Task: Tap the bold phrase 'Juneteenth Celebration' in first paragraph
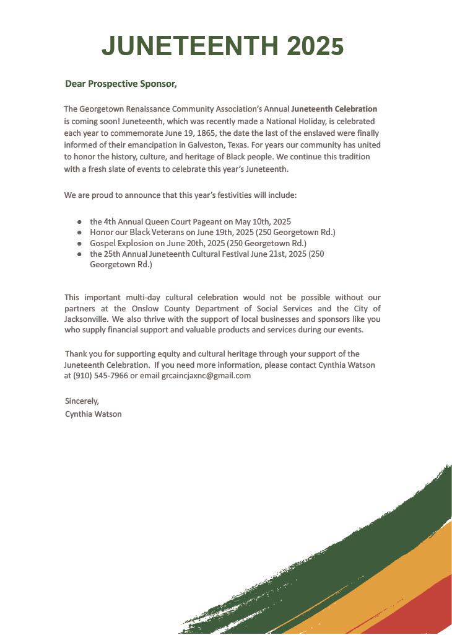coord(334,109)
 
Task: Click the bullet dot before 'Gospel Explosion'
coord(79,243)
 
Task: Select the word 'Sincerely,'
coord(82,401)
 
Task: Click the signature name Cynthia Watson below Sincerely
coord(93,414)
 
